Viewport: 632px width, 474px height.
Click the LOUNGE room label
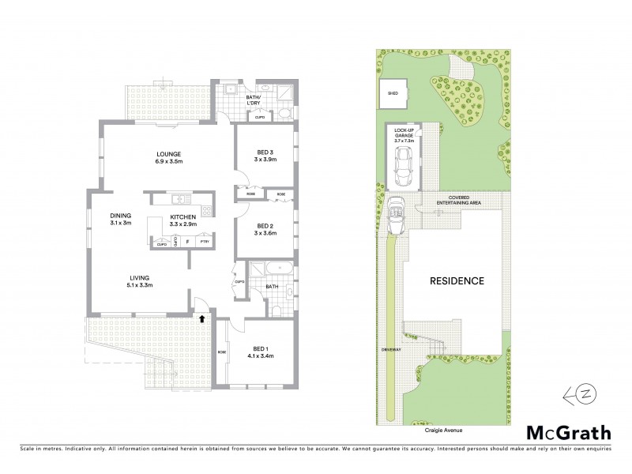(169, 153)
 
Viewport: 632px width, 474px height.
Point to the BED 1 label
(261, 349)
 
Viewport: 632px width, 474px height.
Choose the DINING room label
(121, 215)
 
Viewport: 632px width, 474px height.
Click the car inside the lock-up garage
(404, 163)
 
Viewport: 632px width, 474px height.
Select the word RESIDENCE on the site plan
(456, 280)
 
